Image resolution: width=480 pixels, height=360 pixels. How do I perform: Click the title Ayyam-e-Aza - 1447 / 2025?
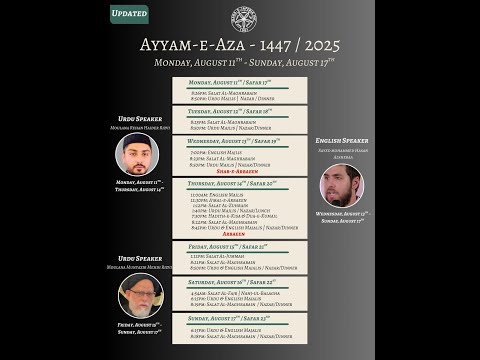(240, 46)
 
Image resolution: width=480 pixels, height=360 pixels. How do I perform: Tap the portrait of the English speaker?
(342, 186)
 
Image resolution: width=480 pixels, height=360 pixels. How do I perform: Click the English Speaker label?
(342, 141)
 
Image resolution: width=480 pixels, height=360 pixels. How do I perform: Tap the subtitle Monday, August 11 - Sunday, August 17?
(240, 63)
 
